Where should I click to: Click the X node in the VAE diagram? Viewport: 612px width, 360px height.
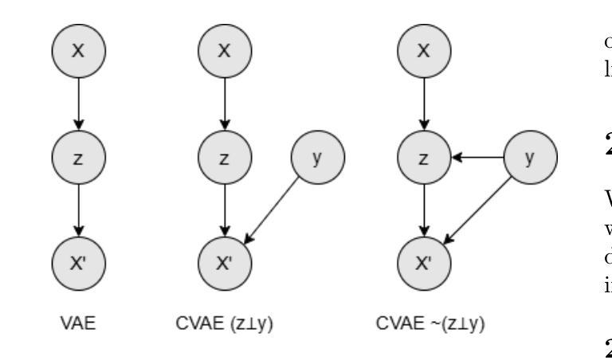coord(77,49)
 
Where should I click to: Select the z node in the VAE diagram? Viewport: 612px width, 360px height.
coord(77,157)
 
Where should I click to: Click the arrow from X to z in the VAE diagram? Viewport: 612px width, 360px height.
coord(77,103)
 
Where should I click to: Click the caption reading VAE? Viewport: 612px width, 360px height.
coord(77,326)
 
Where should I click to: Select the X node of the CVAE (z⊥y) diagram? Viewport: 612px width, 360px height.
coord(225,49)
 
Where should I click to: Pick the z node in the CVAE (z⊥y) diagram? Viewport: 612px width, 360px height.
coord(225,157)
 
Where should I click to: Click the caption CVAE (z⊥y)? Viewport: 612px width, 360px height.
coord(225,326)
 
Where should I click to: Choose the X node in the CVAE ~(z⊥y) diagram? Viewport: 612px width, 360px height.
coord(425,49)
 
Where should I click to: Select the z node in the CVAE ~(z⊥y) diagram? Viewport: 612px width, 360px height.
coord(425,157)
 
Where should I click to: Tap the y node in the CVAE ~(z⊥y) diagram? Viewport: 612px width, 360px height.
coord(529,157)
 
